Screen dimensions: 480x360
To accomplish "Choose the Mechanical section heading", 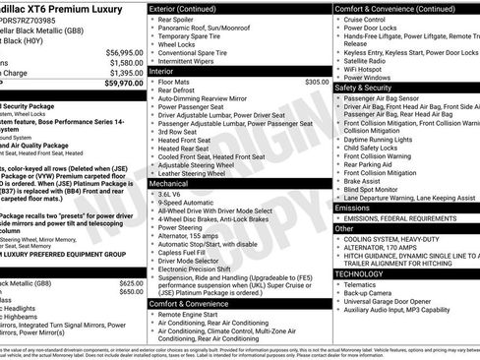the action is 176,183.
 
